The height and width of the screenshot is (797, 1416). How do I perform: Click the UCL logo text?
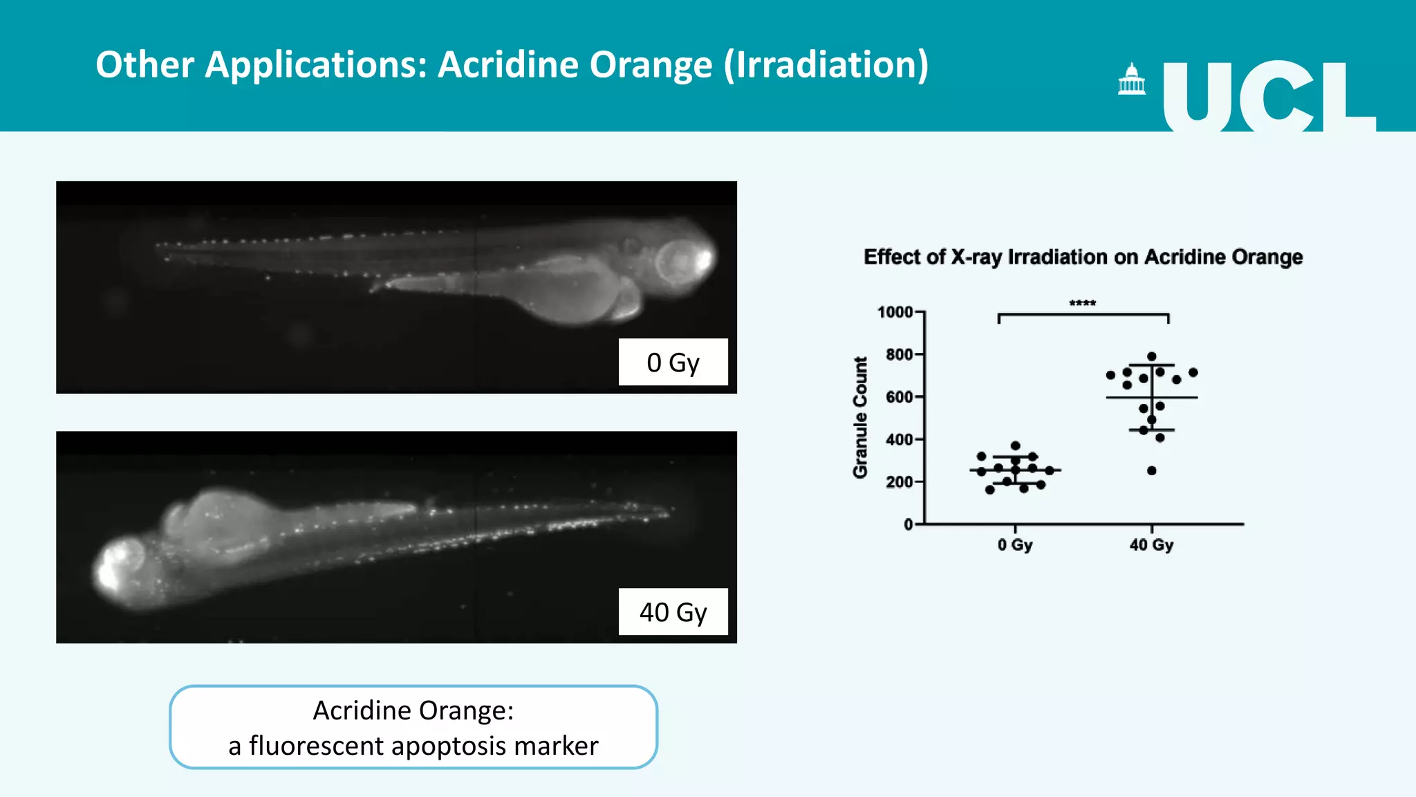pos(1269,97)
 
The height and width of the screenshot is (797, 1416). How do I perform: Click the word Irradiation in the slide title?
pos(826,65)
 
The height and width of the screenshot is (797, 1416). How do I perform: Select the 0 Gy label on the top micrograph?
pos(673,363)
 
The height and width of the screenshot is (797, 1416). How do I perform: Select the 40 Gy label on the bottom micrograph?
pos(673,612)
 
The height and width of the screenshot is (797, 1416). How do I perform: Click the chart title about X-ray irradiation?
pos(1083,257)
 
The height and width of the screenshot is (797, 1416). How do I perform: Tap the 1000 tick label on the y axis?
pos(895,312)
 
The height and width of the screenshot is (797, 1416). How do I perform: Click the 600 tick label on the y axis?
pos(899,397)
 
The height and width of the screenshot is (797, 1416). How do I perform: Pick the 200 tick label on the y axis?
pos(899,482)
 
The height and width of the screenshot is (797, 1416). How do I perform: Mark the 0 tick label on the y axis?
pos(908,524)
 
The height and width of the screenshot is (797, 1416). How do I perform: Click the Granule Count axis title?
pos(860,417)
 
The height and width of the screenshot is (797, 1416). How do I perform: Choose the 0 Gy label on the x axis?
pos(1014,545)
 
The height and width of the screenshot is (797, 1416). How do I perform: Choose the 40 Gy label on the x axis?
pos(1151,545)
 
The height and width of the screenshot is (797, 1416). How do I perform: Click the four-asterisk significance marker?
pos(1082,303)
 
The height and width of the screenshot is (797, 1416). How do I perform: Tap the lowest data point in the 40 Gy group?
pos(1152,470)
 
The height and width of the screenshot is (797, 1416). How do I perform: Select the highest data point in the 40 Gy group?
pos(1152,357)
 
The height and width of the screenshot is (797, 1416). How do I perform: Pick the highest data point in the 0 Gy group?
pos(1015,446)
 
